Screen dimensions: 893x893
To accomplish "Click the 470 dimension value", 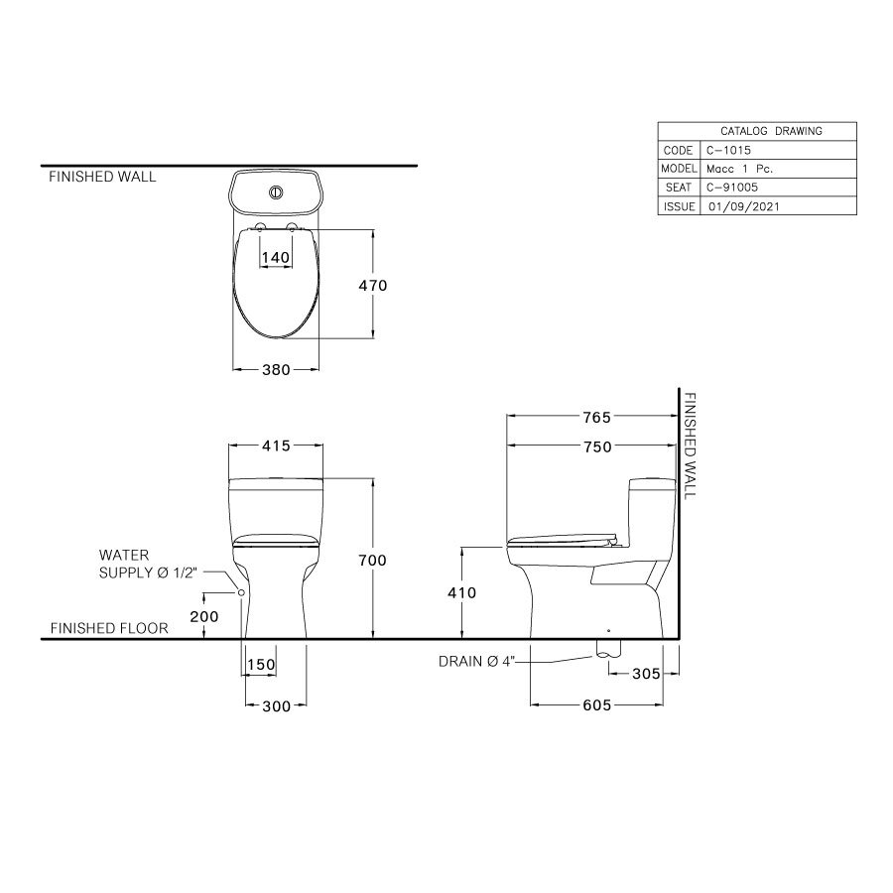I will (373, 285).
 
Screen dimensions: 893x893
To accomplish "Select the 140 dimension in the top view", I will (275, 257).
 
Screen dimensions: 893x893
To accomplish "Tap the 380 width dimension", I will (276, 370).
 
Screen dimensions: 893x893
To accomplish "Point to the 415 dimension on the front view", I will (276, 446).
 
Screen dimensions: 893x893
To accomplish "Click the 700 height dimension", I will (372, 561).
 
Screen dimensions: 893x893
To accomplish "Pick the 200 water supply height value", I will (203, 615).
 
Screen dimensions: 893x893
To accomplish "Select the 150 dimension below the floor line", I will (260, 664).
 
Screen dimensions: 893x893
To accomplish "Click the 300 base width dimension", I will (276, 706).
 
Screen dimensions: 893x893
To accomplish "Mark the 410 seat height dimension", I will (462, 593).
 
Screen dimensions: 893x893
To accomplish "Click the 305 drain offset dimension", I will (646, 674).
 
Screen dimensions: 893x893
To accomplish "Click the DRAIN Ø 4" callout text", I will (476, 661).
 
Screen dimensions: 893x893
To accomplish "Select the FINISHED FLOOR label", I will (109, 628).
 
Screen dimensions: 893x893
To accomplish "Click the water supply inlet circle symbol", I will (240, 591).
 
